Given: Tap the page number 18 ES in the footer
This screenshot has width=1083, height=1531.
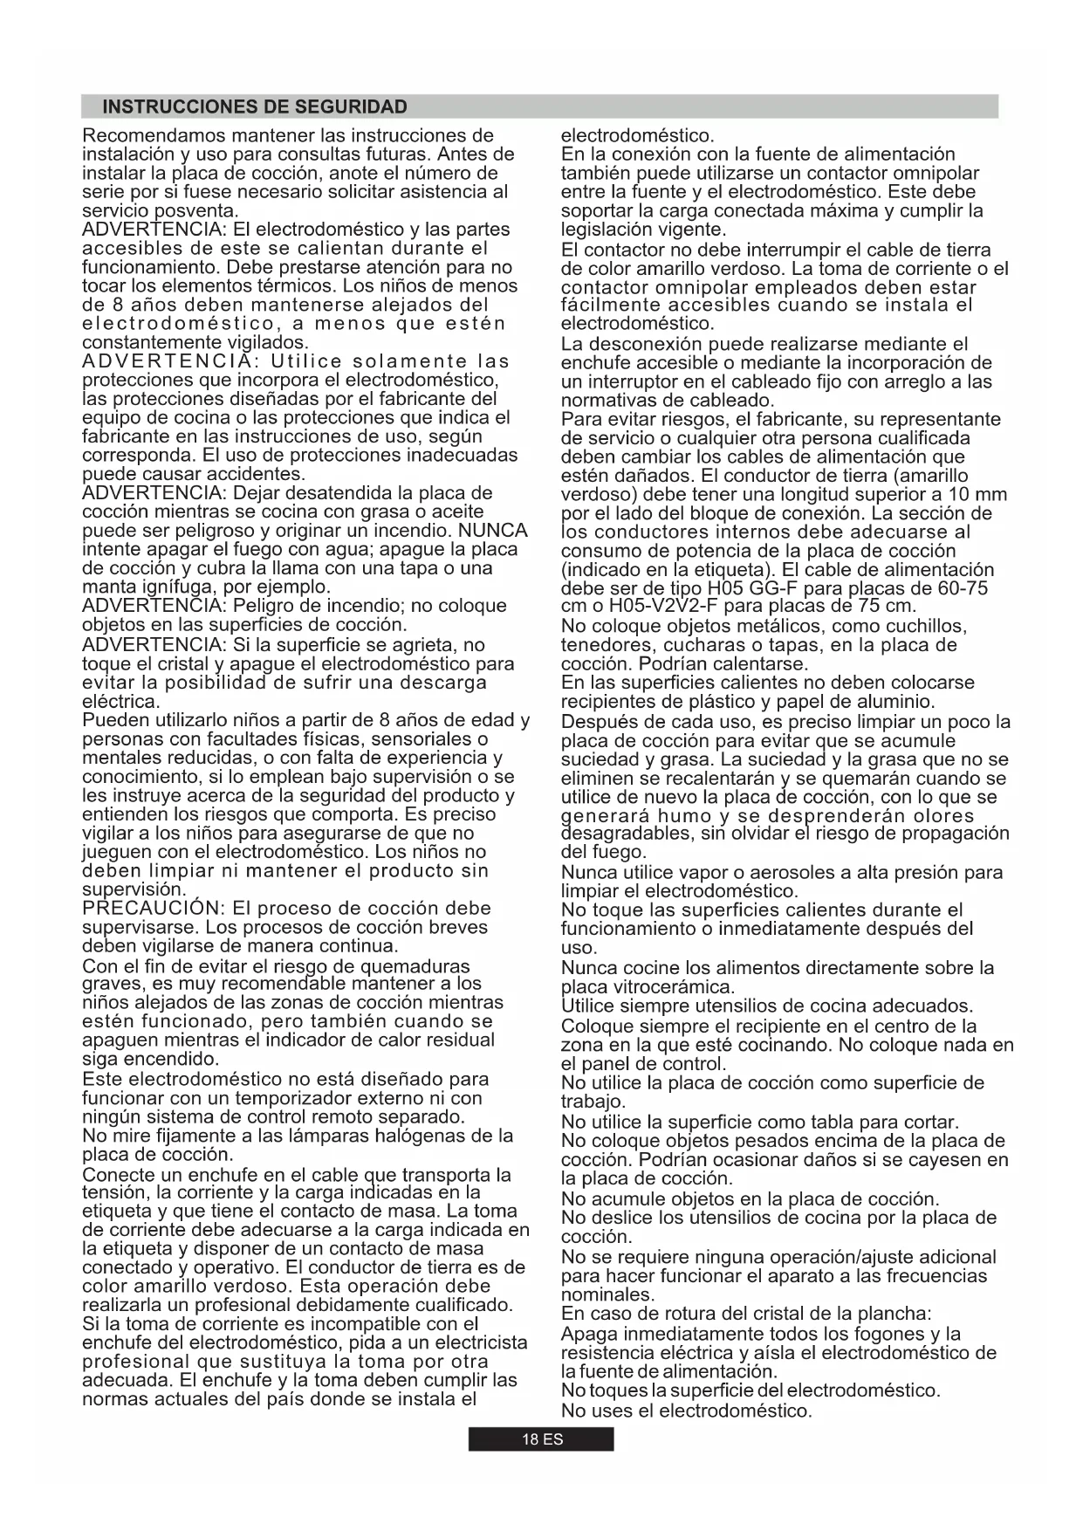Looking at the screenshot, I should [x=542, y=1440].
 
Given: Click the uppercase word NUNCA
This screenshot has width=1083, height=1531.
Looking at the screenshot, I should [x=493, y=531].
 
